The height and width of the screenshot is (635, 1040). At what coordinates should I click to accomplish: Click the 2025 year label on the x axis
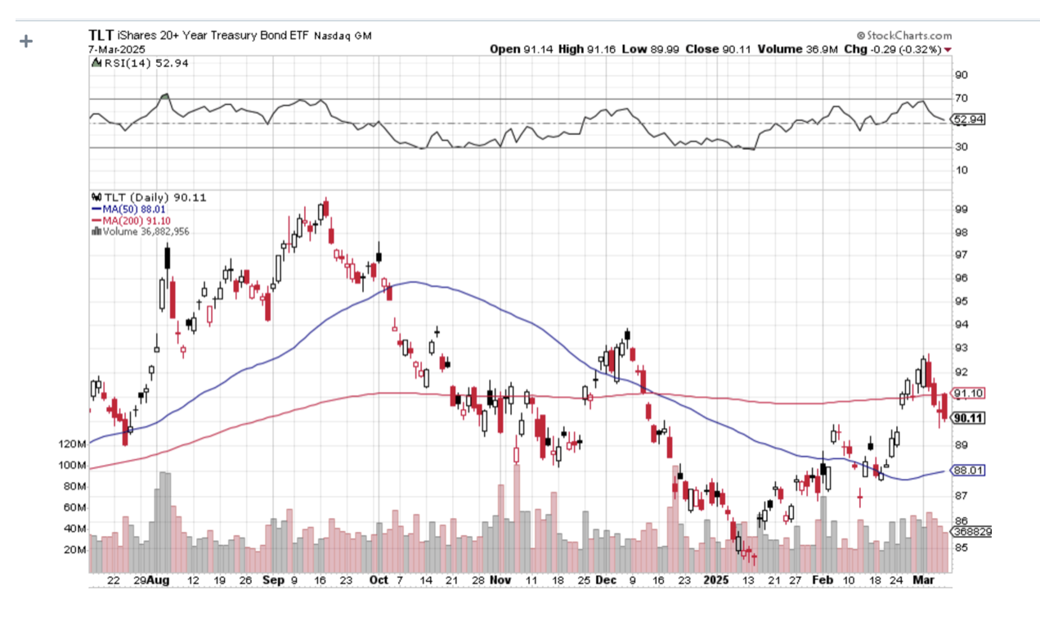(716, 580)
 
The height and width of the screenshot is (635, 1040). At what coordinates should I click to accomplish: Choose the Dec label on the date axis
(606, 580)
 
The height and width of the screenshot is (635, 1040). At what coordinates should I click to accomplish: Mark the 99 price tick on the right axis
(962, 209)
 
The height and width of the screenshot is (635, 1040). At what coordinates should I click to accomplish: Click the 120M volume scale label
(72, 444)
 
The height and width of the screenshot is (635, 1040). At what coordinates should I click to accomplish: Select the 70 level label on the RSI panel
(962, 98)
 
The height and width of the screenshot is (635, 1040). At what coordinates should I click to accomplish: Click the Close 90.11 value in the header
(720, 49)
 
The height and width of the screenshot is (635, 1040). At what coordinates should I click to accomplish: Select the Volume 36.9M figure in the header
(802, 49)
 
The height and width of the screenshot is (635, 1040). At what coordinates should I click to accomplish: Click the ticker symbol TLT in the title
(101, 35)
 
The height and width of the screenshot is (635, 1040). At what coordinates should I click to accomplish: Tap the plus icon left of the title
(26, 41)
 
